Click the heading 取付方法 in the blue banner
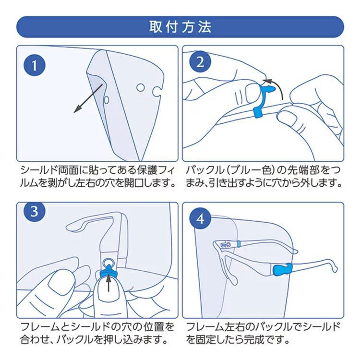tap(180, 27)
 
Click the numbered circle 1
tap(35, 65)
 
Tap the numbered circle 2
tap(200, 62)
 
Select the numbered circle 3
tap(35, 211)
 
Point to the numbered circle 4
tap(200, 219)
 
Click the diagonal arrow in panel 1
tap(88, 98)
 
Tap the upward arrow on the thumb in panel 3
tap(108, 283)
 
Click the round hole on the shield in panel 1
tap(140, 87)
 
